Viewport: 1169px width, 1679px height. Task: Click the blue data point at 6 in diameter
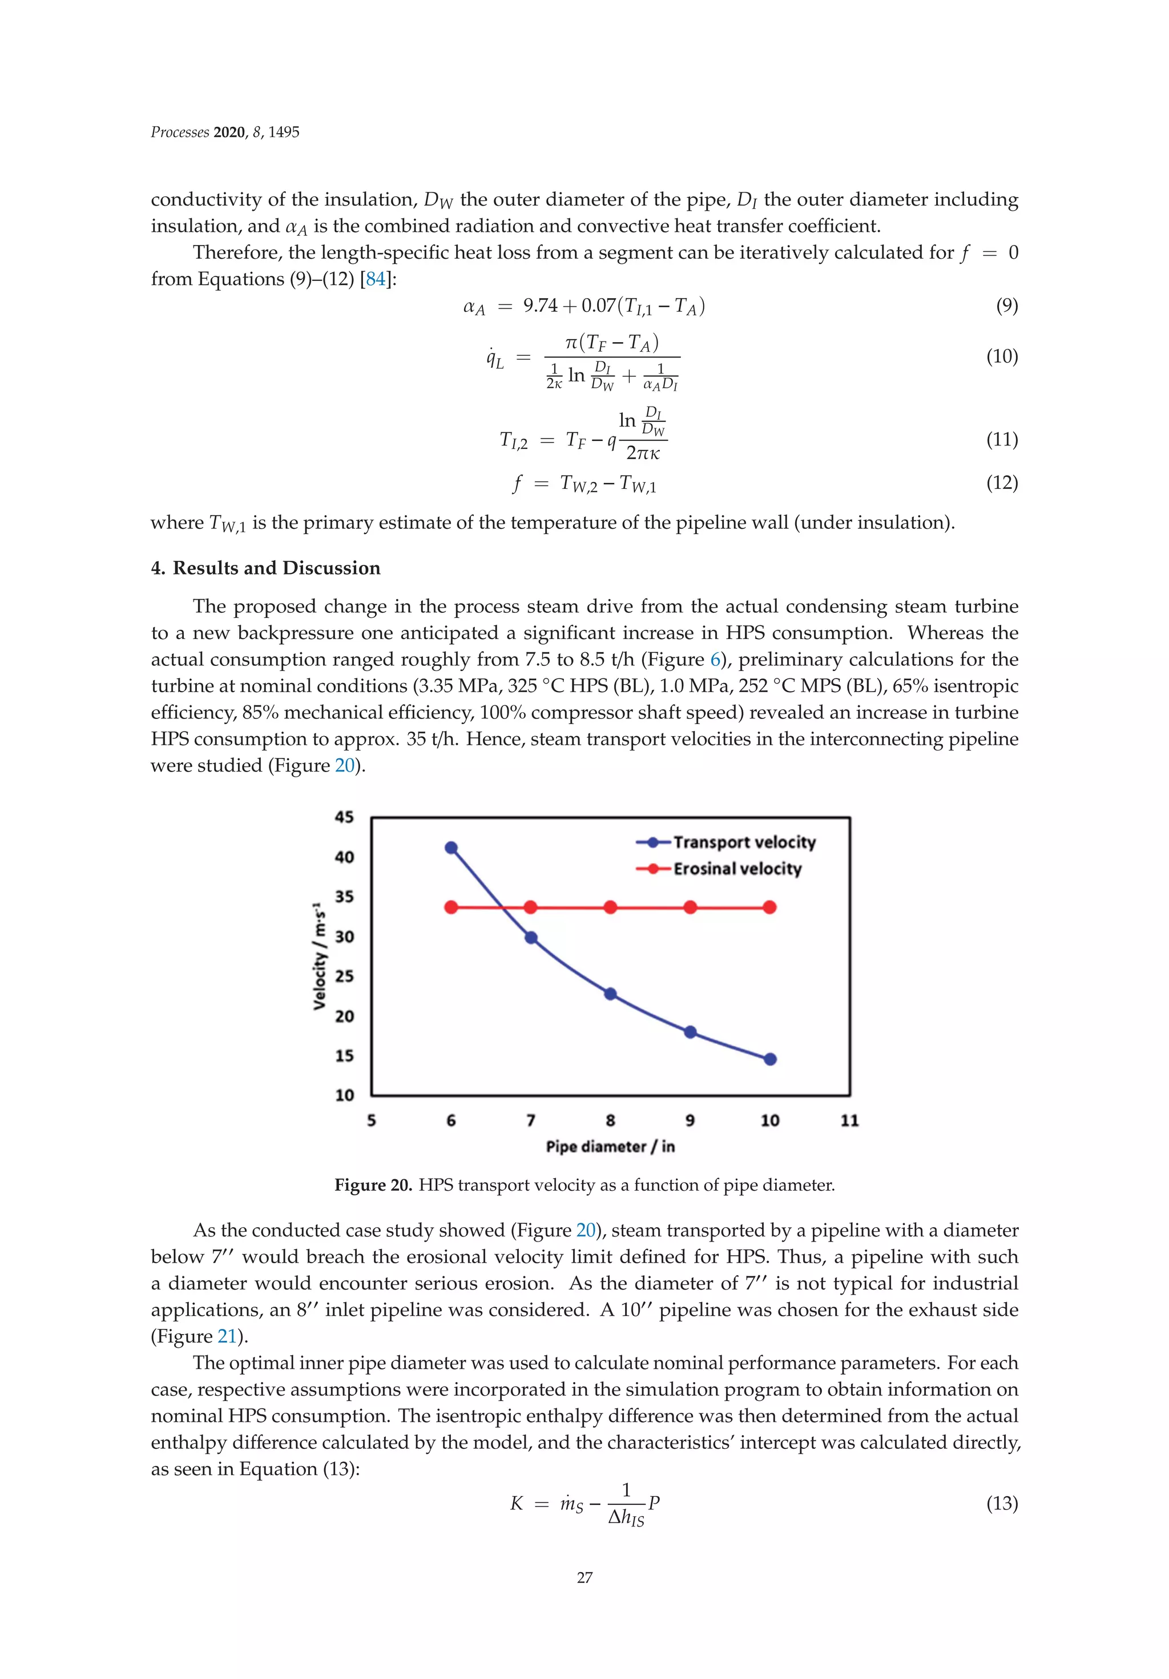click(451, 848)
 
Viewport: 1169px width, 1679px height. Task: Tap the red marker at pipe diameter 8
click(610, 907)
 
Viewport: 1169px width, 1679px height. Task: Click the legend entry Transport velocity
click(744, 842)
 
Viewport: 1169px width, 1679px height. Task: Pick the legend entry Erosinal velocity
click(737, 869)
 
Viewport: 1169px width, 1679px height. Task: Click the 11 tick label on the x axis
click(849, 1120)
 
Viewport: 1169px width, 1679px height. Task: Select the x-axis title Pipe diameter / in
click(610, 1147)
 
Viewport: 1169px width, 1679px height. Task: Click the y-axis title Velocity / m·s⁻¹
click(320, 956)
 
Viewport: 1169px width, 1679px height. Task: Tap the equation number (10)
click(1002, 357)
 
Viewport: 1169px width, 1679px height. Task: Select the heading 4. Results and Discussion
click(265, 568)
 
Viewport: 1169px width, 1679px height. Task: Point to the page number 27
click(584, 1577)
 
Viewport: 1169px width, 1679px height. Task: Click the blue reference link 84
click(376, 279)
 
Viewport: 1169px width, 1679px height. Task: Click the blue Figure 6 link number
click(715, 660)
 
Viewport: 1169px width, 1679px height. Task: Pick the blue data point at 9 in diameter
click(690, 1032)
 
